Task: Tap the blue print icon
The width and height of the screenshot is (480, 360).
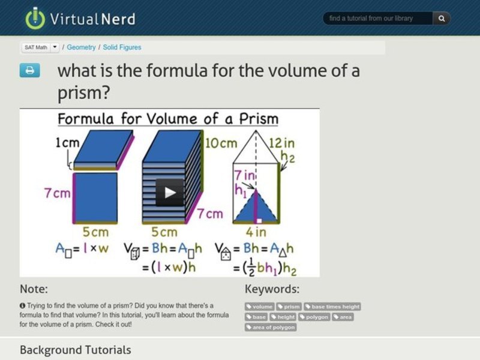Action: click(29, 71)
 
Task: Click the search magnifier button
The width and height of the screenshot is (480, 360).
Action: click(442, 19)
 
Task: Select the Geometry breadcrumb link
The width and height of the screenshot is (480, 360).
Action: click(81, 47)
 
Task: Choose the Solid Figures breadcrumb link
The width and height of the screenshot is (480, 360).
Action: click(122, 47)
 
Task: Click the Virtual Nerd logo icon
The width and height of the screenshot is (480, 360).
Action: click(35, 19)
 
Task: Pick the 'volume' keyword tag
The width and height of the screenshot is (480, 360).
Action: click(260, 307)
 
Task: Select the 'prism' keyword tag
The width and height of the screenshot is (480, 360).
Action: click(289, 307)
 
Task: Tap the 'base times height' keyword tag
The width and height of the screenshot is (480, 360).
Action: click(332, 307)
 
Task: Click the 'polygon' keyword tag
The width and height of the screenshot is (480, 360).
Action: click(315, 317)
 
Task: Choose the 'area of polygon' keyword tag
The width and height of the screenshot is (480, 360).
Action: click(271, 327)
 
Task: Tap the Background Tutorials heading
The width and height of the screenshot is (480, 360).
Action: click(75, 350)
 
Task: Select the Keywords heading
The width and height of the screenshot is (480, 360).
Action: click(272, 289)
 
